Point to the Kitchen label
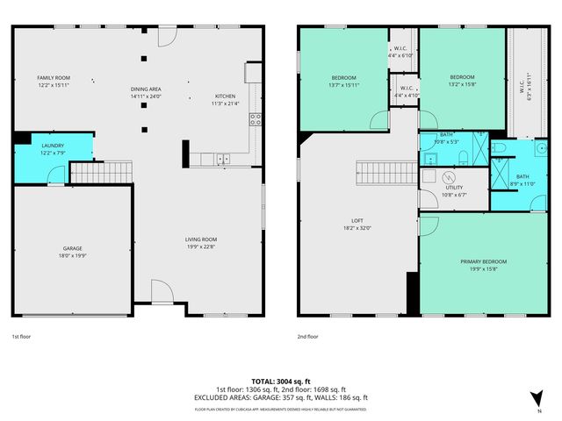(x=225, y=96)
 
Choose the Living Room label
(x=200, y=239)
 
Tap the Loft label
(x=357, y=220)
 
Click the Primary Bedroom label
(x=483, y=261)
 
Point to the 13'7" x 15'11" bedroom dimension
(x=342, y=85)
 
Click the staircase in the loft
(x=384, y=173)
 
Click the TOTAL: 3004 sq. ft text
(x=280, y=382)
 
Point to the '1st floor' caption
(x=22, y=337)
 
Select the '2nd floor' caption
(x=307, y=337)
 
